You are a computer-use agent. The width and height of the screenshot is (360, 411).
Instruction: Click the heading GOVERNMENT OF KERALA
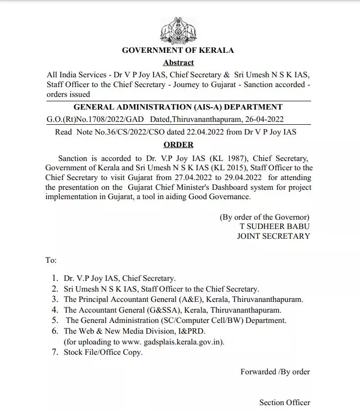point(178,50)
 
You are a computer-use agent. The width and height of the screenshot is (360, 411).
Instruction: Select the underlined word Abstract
point(178,63)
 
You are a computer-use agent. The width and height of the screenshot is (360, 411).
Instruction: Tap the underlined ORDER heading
point(178,145)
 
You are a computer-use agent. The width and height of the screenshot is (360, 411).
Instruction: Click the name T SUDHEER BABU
point(274,227)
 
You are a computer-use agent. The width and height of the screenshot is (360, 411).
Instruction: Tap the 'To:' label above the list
point(51,260)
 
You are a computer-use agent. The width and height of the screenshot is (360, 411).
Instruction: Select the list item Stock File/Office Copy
point(103,352)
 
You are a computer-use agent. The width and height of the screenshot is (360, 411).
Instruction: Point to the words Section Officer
point(285,403)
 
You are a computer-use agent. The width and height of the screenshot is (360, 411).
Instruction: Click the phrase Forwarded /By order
point(275,371)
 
